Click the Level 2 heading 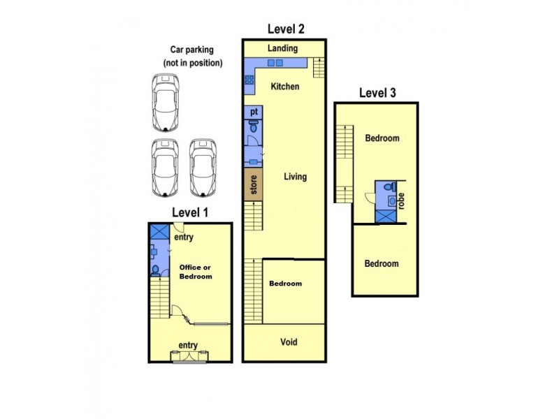pyautogui.click(x=285, y=29)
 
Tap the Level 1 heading pyautogui.click(x=190, y=212)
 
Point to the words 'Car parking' pyautogui.click(x=192, y=50)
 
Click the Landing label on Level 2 pyautogui.click(x=282, y=49)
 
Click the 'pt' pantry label pyautogui.click(x=253, y=112)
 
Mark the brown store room pyautogui.click(x=253, y=185)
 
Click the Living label pyautogui.click(x=295, y=177)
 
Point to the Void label pyautogui.click(x=289, y=342)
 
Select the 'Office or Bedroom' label pyautogui.click(x=196, y=272)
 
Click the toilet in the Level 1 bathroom pyautogui.click(x=155, y=270)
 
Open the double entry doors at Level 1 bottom pyautogui.click(x=191, y=358)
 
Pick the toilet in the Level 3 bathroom pyautogui.click(x=393, y=187)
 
